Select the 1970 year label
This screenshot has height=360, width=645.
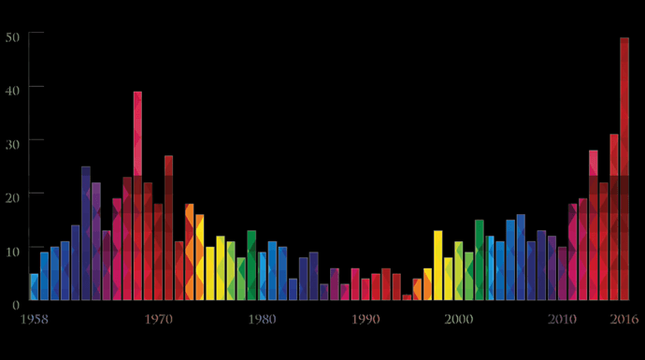click(x=159, y=320)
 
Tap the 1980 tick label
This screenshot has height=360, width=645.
click(x=263, y=320)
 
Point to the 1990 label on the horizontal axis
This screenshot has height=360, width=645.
click(x=365, y=320)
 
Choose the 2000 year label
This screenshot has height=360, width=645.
click(x=459, y=320)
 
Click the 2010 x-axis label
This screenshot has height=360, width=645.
click(x=562, y=320)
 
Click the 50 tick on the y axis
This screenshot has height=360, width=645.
click(x=12, y=36)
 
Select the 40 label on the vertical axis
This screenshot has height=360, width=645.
click(x=12, y=88)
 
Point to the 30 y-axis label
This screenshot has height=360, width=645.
click(x=12, y=141)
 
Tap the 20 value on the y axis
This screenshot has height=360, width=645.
click(x=12, y=194)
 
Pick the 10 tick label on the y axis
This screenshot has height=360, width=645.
click(x=12, y=250)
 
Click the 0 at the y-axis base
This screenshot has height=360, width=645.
click(x=16, y=304)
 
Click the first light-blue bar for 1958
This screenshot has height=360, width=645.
click(x=34, y=287)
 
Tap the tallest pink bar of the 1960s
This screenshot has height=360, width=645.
click(x=137, y=196)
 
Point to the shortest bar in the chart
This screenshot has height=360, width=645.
click(x=407, y=297)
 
